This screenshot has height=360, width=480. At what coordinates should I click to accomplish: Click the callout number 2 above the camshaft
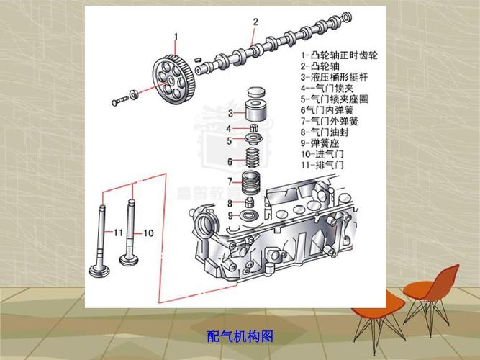point(255,22)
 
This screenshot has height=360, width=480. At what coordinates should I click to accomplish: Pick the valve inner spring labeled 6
point(254,160)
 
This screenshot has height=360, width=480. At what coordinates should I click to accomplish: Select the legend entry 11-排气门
point(325,165)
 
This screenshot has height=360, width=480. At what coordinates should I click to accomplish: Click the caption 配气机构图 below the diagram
point(240,336)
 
